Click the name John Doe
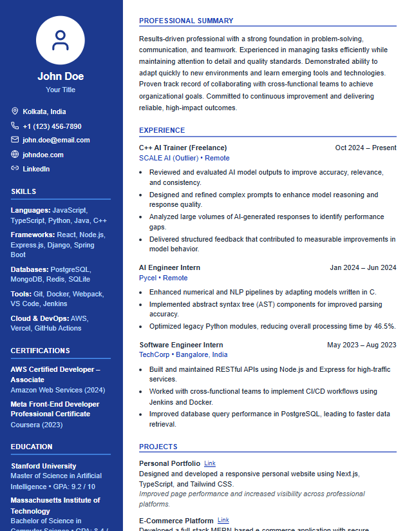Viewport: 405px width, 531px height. point(61,76)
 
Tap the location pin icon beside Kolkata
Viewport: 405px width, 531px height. point(15,111)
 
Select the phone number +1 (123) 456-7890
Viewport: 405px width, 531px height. point(52,126)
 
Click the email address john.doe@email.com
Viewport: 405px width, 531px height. point(56,140)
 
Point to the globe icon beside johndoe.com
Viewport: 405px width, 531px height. point(15,155)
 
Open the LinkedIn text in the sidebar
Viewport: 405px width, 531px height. point(36,169)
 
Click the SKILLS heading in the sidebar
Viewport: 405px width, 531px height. point(24,191)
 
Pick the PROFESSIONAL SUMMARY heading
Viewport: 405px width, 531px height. point(186,21)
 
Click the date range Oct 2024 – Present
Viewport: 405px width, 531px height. point(366,148)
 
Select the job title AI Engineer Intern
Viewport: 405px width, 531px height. point(169,267)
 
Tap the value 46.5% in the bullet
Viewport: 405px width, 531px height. point(384,326)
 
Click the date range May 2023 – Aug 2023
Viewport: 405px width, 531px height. point(361,345)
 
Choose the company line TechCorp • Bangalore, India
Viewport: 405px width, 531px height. point(183,354)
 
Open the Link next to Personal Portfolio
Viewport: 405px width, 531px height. point(210,463)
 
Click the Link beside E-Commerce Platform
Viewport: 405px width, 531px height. point(223,520)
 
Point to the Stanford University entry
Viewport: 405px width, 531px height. point(44,466)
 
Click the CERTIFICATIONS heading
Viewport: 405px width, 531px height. point(41,351)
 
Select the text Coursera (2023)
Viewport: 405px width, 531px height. point(35,425)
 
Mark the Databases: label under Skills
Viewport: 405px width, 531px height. point(30,269)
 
